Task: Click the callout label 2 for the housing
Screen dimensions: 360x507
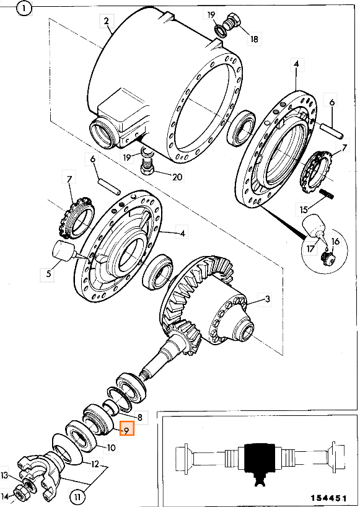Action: tap(107, 21)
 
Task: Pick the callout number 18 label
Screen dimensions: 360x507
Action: tap(254, 39)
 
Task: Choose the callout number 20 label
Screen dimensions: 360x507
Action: tap(177, 177)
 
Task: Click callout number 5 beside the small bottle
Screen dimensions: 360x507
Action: tap(48, 274)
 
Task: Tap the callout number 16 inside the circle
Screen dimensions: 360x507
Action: tap(335, 242)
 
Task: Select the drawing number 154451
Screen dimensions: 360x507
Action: tap(328, 497)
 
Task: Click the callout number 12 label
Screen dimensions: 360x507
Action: tap(95, 464)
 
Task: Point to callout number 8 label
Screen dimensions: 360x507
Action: tap(140, 417)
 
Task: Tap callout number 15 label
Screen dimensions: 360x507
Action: tap(304, 209)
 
